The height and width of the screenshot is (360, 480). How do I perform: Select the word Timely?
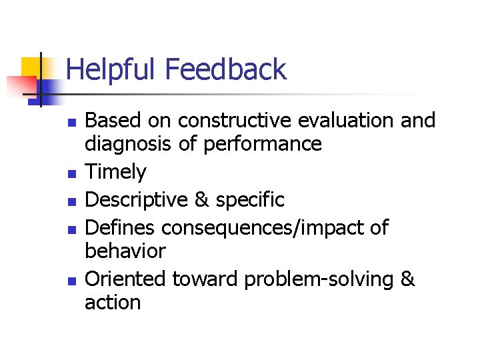tap(115, 172)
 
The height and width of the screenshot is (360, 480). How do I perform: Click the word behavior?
tap(125, 251)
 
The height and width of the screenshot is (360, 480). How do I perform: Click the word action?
tap(113, 303)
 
